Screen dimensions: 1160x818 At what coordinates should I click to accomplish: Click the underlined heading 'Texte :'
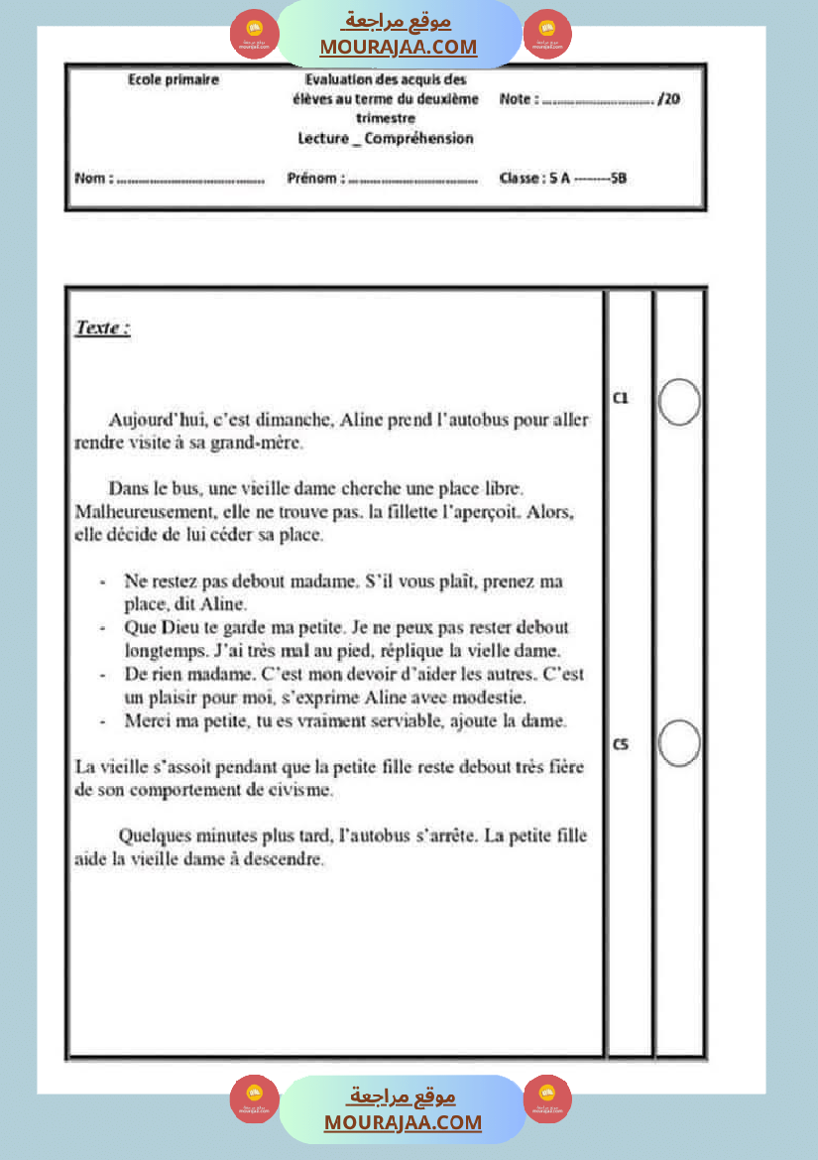point(102,328)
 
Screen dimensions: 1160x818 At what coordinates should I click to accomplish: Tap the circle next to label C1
point(679,402)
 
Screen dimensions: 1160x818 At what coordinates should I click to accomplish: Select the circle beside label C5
point(679,743)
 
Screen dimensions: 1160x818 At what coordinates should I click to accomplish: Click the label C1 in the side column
point(621,398)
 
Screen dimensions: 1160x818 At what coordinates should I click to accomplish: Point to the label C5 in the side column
point(621,743)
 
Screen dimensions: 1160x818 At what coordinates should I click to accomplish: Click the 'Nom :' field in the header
point(94,180)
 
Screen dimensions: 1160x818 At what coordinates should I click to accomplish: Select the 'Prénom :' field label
point(315,180)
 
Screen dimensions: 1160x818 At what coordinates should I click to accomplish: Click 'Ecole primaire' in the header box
point(174,79)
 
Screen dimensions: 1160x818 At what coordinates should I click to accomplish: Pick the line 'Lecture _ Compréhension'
point(386,139)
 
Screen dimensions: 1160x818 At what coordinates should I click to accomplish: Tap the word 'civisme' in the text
point(303,791)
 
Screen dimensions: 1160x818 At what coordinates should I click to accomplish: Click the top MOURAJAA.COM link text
point(398,47)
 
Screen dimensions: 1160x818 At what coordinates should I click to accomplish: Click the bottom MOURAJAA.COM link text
point(402,1122)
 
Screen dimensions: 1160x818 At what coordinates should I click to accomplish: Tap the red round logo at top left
point(254,35)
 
